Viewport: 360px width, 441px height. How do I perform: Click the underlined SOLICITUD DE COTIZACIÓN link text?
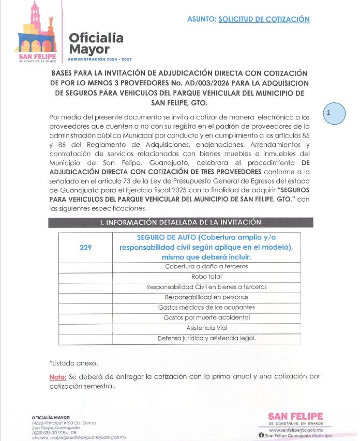coord(264,19)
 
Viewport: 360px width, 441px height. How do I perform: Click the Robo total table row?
coord(206,277)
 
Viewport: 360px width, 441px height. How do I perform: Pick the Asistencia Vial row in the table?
coord(206,328)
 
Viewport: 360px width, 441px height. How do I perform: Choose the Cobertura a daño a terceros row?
coord(206,266)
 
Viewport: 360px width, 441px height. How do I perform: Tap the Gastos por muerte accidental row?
coord(206,317)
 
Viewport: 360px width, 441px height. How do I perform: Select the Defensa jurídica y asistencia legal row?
coord(206,338)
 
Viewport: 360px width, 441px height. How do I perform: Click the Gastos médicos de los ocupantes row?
coord(206,307)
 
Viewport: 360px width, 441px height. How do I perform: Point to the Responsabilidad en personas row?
coord(206,297)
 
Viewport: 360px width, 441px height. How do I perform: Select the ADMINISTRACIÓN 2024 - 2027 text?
coord(99,59)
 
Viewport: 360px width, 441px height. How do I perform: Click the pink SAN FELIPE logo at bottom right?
coord(296,417)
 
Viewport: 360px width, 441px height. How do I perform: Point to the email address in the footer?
coord(79,437)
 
